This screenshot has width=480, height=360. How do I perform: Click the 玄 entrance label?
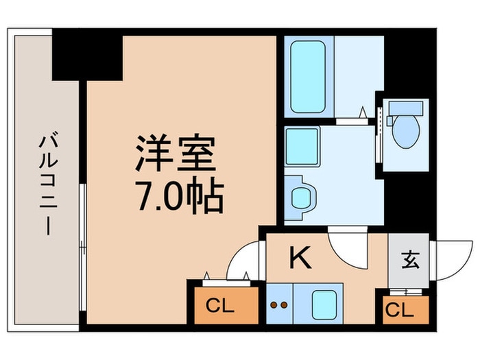[x=410, y=260]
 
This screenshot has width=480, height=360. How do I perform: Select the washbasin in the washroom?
[x=300, y=196]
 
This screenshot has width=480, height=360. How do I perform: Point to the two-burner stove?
[x=278, y=304]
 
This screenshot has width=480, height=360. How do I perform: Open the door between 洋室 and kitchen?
[x=239, y=263]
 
